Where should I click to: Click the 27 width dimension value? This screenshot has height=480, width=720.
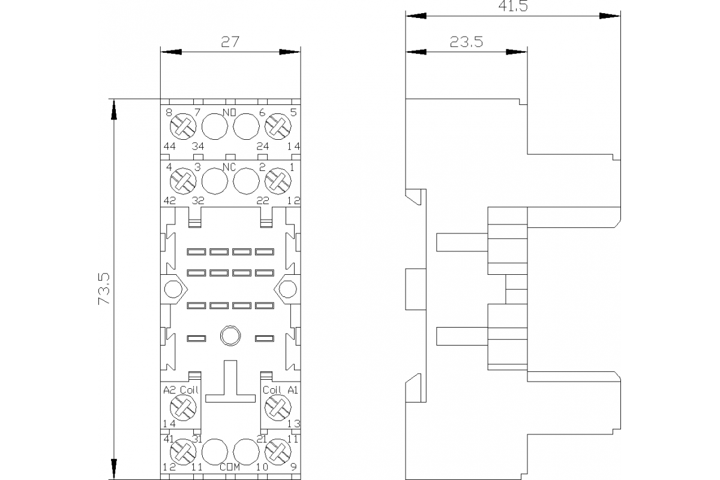click(230, 42)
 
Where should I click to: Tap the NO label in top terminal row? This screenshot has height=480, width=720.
click(229, 113)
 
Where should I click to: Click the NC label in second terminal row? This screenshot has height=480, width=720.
click(229, 167)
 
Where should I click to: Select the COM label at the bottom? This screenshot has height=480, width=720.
click(230, 467)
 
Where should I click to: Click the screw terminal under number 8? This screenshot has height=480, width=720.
click(183, 127)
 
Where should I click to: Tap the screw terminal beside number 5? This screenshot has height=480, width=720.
click(277, 127)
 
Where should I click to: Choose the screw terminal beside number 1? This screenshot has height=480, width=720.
click(277, 181)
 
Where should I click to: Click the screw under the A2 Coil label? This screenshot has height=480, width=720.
click(181, 408)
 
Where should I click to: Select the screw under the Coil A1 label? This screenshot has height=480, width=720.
click(277, 408)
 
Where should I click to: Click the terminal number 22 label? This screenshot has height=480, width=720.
click(262, 201)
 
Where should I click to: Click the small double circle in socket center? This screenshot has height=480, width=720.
click(229, 336)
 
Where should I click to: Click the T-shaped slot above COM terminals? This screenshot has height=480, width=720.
click(230, 384)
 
